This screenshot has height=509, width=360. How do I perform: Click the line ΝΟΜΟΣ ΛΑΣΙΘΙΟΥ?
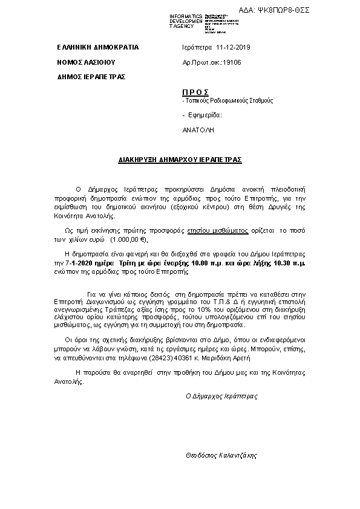pyautogui.click(x=86, y=62)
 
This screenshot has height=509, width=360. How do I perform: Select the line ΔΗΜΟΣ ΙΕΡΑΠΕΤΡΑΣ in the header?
pyautogui.click(x=91, y=77)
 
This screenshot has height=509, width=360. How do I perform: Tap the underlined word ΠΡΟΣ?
pyautogui.click(x=195, y=92)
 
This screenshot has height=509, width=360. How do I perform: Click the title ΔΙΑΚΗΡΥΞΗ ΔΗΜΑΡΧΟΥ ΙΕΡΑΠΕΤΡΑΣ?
pyautogui.click(x=180, y=160)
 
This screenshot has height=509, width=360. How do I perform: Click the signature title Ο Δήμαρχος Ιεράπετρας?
pyautogui.click(x=221, y=397)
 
